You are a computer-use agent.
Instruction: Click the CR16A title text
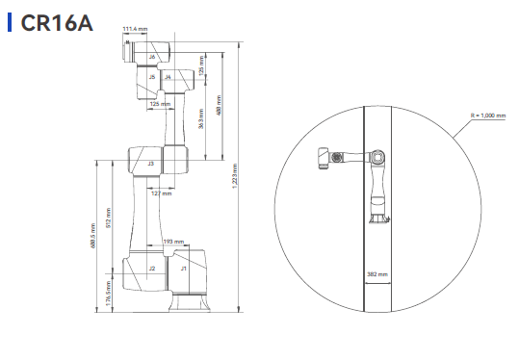57,23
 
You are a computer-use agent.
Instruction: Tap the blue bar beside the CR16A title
10,22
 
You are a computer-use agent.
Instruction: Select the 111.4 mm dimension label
135,29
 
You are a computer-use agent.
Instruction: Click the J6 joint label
152,57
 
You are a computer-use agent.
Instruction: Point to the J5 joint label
152,77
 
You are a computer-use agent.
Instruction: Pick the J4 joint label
168,77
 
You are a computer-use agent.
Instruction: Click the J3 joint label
151,164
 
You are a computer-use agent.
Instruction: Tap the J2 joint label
152,269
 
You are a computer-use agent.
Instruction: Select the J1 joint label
183,269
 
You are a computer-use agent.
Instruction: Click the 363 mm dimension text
201,118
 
